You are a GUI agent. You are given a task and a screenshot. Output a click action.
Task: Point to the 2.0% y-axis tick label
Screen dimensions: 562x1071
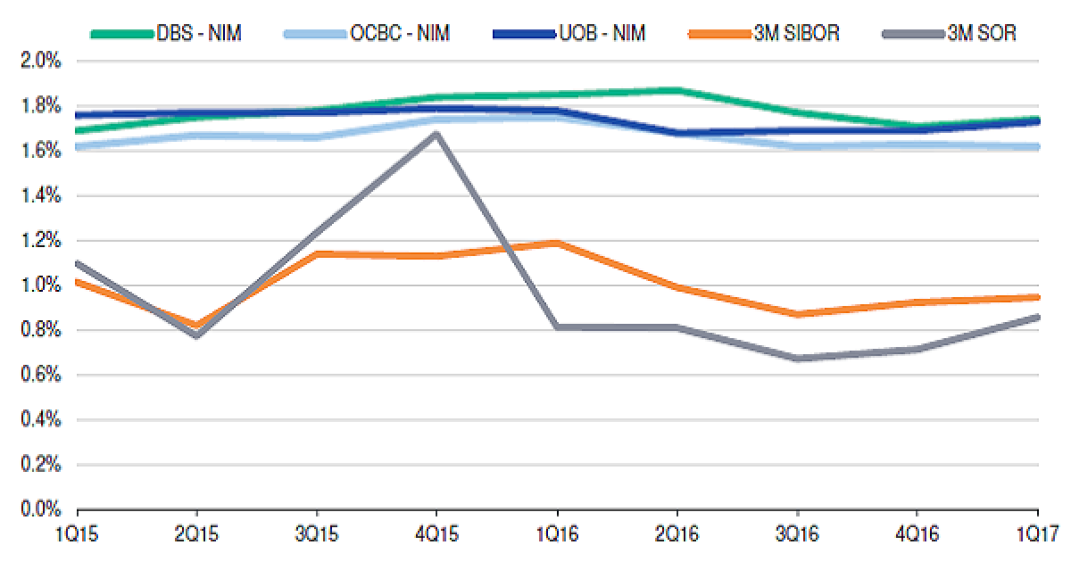coord(40,62)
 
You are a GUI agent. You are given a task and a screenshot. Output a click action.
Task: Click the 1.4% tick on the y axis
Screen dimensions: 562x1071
coord(40,196)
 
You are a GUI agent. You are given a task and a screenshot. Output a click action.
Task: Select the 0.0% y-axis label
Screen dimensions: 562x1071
coord(40,509)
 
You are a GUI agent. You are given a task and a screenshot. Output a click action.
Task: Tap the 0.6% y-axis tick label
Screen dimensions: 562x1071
coord(40,376)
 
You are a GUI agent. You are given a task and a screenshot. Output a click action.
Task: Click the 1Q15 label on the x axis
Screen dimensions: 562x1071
coord(78,536)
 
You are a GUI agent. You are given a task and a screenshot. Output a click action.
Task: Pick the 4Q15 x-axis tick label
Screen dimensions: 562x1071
coord(436,536)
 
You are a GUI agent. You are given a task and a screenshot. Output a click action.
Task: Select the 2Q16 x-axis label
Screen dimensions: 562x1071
coord(677,536)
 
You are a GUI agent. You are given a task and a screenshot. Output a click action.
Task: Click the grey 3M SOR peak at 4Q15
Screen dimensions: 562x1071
coord(436,134)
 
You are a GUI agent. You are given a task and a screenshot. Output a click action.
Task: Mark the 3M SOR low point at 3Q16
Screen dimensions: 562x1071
coord(797,359)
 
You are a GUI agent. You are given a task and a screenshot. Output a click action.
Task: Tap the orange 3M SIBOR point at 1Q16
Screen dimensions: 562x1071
coord(557,243)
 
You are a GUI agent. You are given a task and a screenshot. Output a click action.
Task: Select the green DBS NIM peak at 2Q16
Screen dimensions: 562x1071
coord(677,90)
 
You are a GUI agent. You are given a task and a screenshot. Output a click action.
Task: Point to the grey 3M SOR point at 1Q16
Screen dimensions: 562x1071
coord(557,327)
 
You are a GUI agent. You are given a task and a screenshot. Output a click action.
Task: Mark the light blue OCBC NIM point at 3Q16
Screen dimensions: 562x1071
coord(797,145)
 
